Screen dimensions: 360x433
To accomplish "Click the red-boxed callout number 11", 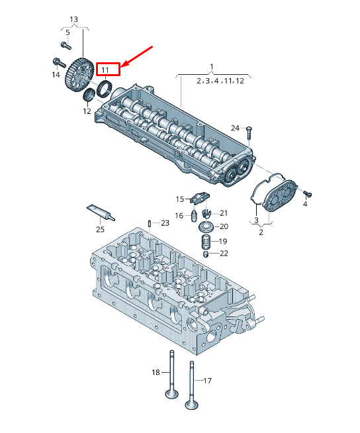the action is click(105, 70).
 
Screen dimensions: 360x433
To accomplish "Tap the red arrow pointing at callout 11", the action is click(137, 56).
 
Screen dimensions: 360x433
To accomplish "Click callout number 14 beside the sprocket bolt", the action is click(56, 75).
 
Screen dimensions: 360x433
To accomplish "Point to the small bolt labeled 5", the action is click(66, 45).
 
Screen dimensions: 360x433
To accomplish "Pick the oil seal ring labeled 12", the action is click(89, 95).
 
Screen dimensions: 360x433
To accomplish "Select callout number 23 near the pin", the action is click(165, 223).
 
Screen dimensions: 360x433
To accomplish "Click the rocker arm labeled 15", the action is click(200, 198).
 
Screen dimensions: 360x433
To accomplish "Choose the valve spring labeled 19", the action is click(206, 242).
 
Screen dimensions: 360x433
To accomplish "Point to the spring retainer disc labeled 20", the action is click(206, 227).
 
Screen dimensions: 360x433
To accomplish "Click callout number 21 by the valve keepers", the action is click(224, 213).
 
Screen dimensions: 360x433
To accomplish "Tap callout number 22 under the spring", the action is click(224, 254).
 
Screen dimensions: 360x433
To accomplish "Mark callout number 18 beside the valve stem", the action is click(156, 372).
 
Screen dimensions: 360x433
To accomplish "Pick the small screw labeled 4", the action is click(308, 195).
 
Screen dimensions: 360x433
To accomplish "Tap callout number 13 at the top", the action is click(73, 20).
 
